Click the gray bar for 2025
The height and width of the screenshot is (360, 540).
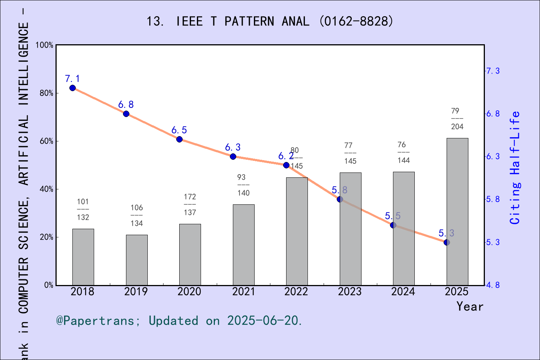pyautogui.click(x=457, y=211)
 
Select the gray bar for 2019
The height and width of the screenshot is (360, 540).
pyautogui.click(x=136, y=260)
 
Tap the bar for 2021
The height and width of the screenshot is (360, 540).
pyautogui.click(x=243, y=244)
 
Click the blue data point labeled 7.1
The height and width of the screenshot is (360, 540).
pyautogui.click(x=73, y=88)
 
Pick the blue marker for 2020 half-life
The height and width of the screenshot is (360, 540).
pyautogui.click(x=180, y=139)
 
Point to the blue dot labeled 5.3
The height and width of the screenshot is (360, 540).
pyautogui.click(x=447, y=243)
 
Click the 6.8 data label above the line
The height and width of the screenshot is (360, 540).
pyautogui.click(x=126, y=105)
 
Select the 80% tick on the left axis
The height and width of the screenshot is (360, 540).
pyautogui.click(x=46, y=93)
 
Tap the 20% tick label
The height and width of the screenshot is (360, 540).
pyautogui.click(x=46, y=237)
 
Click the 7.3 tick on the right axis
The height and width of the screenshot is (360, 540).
pyautogui.click(x=493, y=71)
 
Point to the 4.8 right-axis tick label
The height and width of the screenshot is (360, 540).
pyautogui.click(x=493, y=285)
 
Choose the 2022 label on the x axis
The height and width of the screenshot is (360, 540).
pyautogui.click(x=296, y=292)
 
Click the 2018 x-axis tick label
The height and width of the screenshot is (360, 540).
pyautogui.click(x=82, y=292)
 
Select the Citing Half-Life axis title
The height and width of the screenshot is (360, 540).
pyautogui.click(x=515, y=168)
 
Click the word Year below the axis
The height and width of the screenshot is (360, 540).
pyautogui.click(x=470, y=306)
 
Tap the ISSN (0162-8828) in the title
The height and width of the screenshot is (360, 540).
pyautogui.click(x=356, y=21)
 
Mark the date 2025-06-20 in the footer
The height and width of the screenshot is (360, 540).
pyautogui.click(x=264, y=321)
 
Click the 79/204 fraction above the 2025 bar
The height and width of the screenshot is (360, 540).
pyautogui.click(x=457, y=118)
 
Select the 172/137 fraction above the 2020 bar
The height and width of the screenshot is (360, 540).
pyautogui.click(x=190, y=204)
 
